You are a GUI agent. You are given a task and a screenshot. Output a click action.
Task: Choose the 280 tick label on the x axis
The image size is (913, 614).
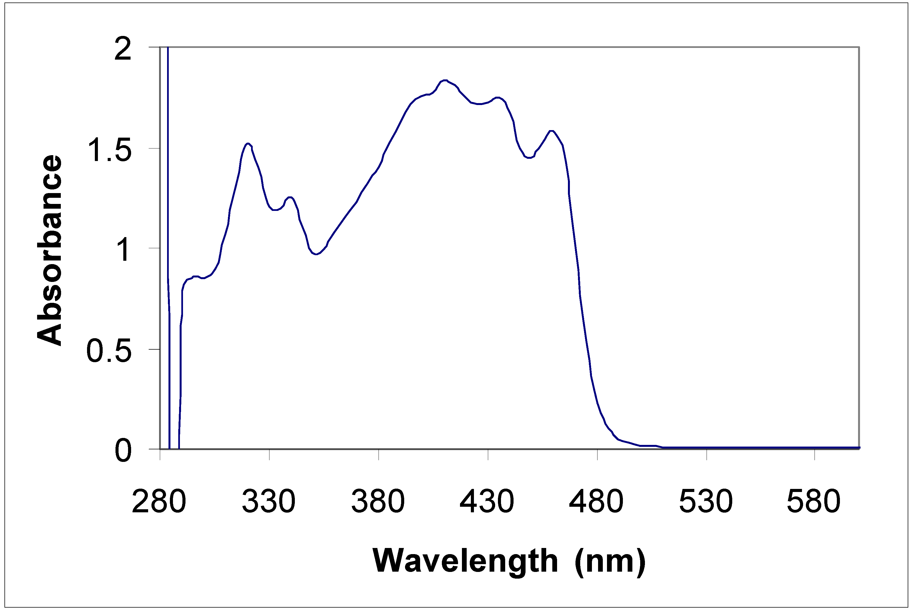click(159, 502)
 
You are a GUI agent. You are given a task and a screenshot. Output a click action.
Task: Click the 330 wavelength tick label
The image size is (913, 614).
click(269, 502)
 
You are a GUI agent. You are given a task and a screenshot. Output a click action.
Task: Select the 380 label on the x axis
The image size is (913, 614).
click(378, 502)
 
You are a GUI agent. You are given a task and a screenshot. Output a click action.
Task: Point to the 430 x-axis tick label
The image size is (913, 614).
click(487, 502)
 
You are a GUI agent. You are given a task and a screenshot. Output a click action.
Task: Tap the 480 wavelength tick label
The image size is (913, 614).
click(596, 502)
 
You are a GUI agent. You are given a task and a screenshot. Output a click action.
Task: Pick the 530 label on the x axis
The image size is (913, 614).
click(706, 502)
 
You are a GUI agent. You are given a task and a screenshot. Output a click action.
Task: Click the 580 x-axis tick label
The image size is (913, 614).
click(814, 502)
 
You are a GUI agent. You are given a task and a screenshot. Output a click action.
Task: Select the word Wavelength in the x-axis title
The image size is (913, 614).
click(465, 561)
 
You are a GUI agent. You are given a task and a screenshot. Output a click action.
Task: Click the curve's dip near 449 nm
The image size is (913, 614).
click(529, 158)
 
